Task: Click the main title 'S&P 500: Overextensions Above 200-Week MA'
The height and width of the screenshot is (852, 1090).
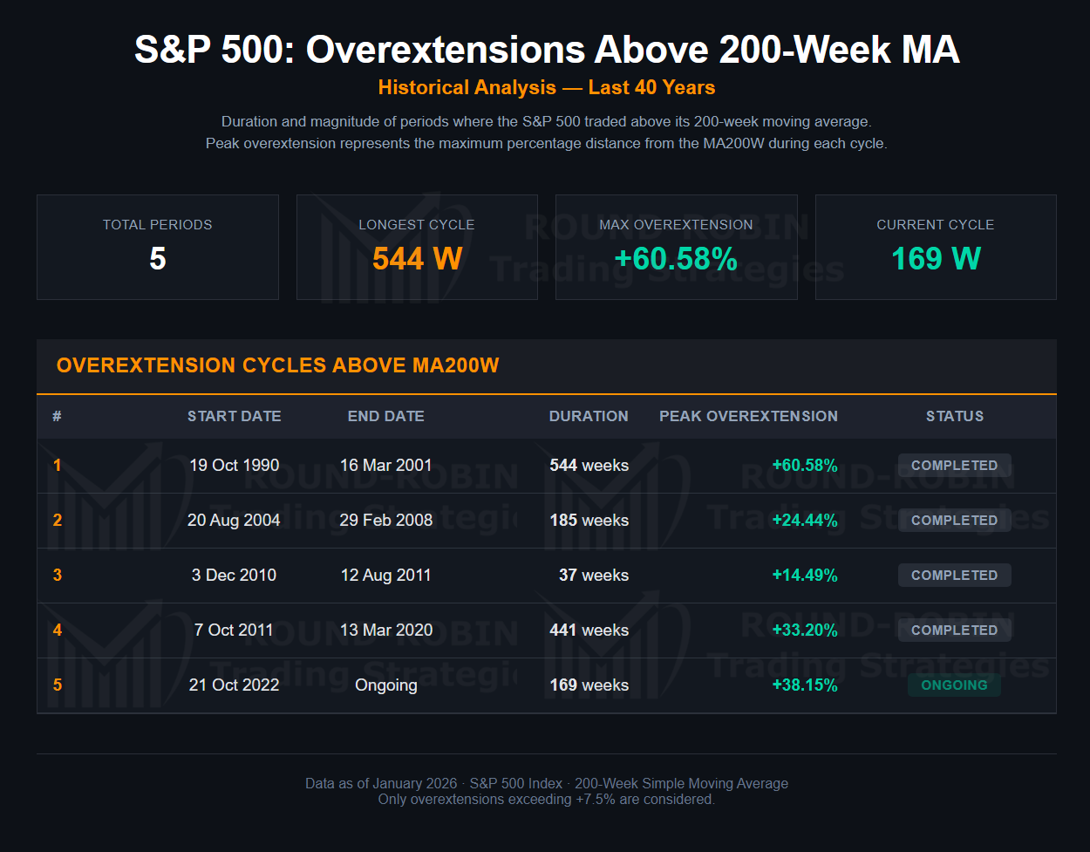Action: click(547, 51)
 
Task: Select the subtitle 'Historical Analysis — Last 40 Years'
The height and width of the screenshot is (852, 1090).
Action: click(547, 88)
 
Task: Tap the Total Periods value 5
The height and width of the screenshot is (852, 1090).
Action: click(157, 259)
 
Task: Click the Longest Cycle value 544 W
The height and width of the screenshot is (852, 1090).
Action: click(417, 259)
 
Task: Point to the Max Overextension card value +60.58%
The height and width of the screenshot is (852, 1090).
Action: click(676, 259)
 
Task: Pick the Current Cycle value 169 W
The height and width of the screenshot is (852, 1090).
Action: click(936, 259)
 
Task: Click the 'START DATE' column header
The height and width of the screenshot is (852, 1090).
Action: click(234, 417)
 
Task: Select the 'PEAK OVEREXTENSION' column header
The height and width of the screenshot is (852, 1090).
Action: click(748, 417)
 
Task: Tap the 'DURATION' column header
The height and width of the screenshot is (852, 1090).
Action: click(589, 417)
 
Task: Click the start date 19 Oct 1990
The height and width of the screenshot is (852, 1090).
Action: click(234, 466)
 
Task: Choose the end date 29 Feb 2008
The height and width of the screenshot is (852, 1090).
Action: click(385, 521)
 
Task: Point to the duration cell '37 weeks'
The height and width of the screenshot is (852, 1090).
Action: click(593, 576)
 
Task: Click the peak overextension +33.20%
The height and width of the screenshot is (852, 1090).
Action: click(804, 630)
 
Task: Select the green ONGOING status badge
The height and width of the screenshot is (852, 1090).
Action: click(954, 685)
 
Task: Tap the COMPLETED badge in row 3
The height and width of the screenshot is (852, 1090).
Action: click(954, 576)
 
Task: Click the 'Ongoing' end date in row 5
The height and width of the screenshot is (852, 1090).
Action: click(385, 685)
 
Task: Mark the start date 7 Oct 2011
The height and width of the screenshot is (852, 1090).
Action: click(234, 630)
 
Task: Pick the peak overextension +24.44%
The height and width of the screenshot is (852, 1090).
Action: click(804, 521)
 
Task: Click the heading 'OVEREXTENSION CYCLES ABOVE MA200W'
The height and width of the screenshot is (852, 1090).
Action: click(277, 365)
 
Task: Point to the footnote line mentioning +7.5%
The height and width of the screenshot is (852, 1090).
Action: click(547, 800)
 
